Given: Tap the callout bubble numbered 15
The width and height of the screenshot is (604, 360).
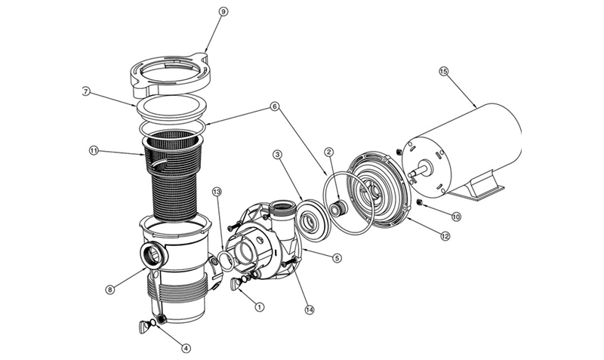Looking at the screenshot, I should (x=444, y=72).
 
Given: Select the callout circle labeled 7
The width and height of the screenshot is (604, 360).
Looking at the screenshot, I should (x=86, y=92).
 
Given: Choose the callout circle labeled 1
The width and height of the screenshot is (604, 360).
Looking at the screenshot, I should (x=260, y=307).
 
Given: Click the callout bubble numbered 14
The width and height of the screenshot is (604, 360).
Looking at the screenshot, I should (x=309, y=308).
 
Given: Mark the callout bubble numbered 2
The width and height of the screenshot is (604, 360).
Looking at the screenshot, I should (x=328, y=151).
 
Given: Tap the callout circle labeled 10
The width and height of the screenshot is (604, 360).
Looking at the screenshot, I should (x=455, y=217).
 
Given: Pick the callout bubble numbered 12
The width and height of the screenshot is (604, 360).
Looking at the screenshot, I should (x=445, y=237).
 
